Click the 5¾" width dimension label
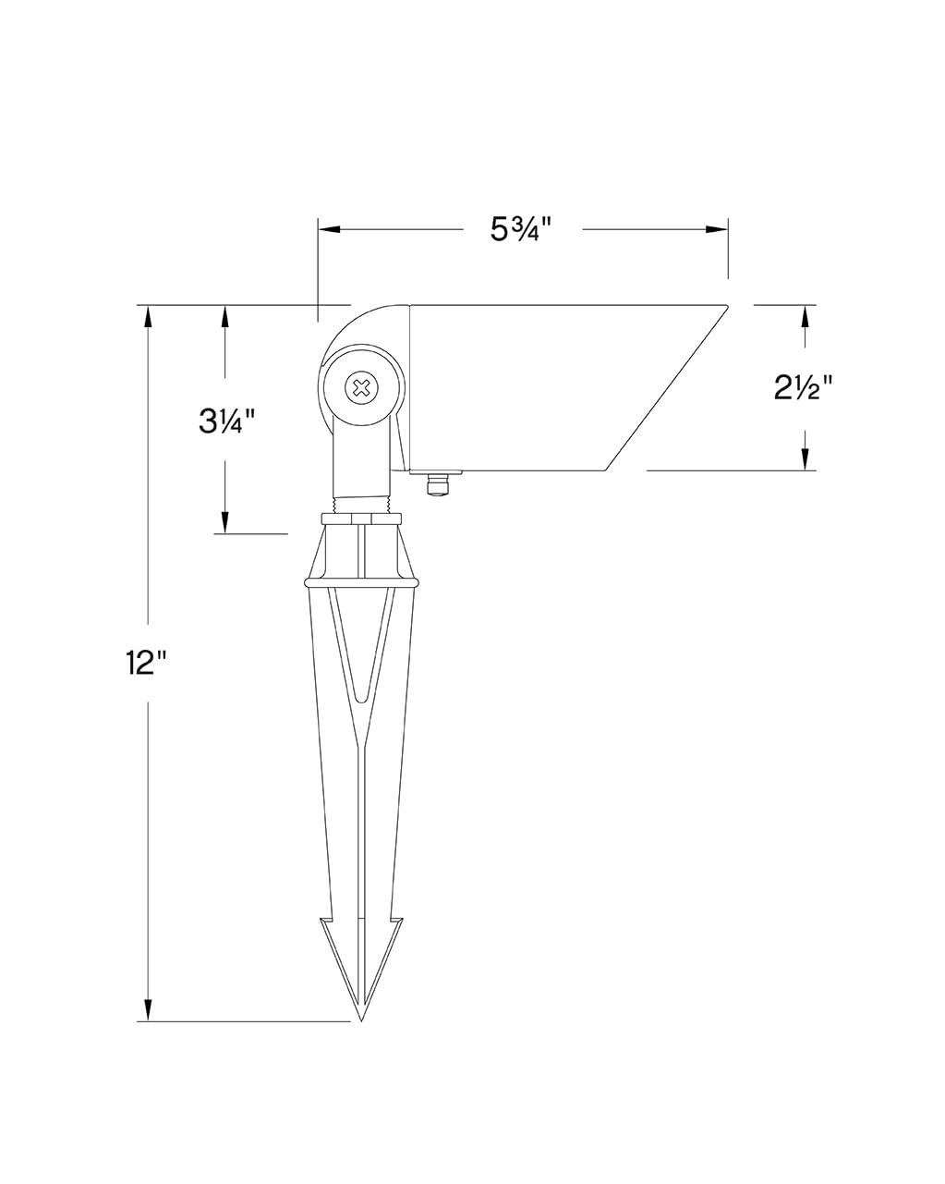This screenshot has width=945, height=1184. click(x=520, y=229)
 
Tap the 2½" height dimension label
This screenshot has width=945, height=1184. click(x=804, y=387)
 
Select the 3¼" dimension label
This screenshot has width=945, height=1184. click(x=228, y=422)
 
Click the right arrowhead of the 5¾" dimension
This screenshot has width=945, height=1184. click(x=716, y=229)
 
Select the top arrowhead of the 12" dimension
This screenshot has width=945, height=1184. click(x=148, y=317)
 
